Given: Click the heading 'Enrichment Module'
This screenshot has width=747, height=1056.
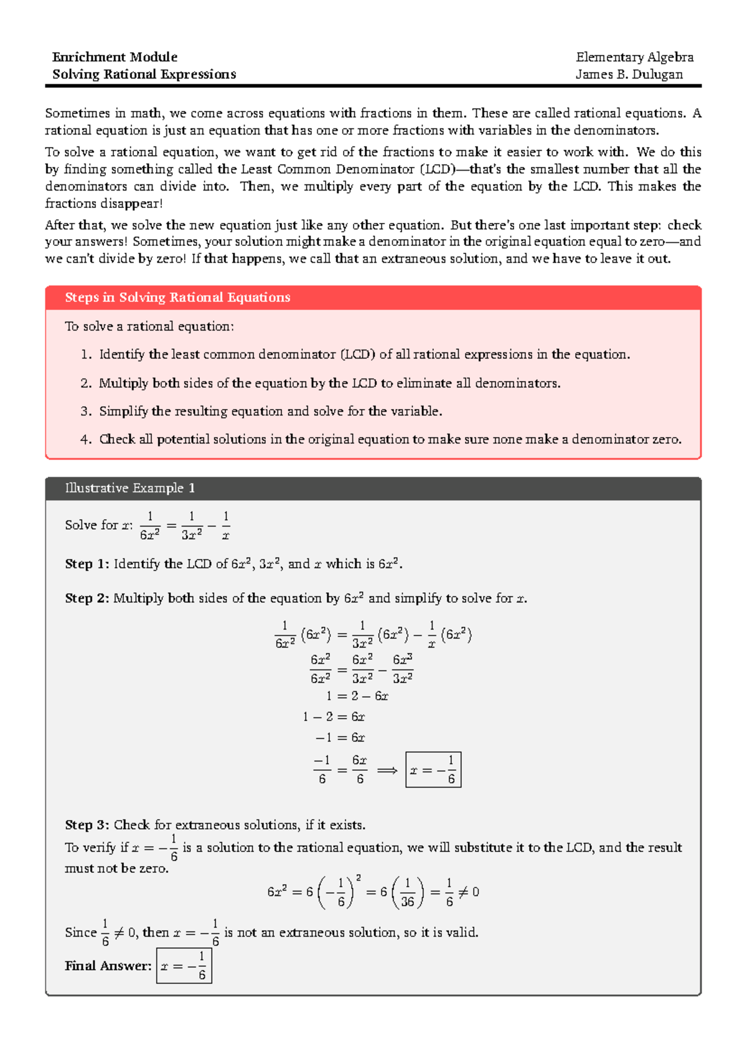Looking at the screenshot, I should coord(115,57).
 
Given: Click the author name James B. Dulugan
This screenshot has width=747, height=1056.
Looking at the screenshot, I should coord(629,75).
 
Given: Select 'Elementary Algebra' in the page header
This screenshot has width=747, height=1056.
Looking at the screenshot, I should coord(634,57).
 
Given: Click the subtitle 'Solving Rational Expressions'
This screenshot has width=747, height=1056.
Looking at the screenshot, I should coord(144,75).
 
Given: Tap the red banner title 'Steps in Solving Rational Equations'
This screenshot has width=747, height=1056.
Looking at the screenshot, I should coord(177,298).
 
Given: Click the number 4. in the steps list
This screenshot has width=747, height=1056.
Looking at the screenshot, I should coord(86,440).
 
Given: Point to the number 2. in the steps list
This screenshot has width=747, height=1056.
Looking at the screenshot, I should coord(86,384).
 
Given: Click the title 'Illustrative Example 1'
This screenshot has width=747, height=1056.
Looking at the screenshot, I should coord(129,488).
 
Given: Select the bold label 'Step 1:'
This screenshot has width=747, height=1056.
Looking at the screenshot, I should coord(87,564).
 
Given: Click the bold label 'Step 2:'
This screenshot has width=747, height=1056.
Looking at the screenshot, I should coord(87,598).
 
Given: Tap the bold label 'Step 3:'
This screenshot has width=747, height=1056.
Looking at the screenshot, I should coord(87,825).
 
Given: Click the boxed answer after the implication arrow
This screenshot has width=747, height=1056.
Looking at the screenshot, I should coord(433,770).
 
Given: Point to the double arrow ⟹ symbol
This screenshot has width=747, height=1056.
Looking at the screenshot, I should coord(387,771).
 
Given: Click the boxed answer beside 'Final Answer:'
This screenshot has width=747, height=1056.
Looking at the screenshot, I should coord(184,966).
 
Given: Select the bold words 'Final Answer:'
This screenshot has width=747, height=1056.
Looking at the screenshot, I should coord(108,966).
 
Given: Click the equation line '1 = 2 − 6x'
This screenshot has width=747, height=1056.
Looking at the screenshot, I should coord(357,696).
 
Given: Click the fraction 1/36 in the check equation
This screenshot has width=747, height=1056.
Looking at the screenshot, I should coord(408,893).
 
